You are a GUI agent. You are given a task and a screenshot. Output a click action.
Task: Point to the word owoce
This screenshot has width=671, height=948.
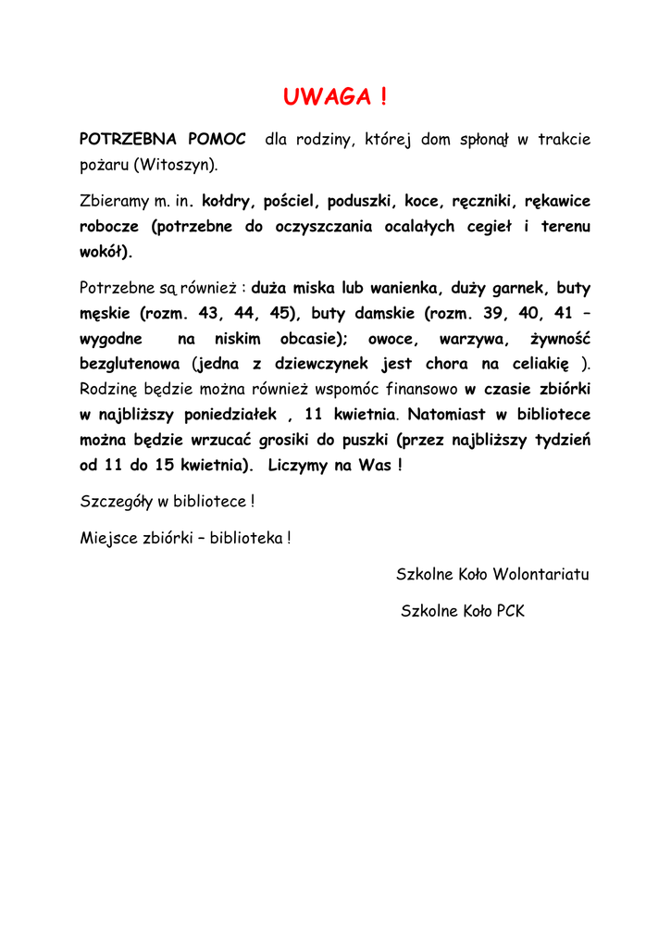click(x=393, y=339)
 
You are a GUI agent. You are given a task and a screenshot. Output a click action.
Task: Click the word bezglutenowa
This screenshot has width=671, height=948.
click(x=130, y=364)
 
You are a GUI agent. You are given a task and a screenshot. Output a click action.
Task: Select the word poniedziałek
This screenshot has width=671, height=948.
click(x=232, y=415)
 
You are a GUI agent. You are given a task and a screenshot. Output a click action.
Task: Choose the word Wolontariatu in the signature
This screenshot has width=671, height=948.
click(x=541, y=574)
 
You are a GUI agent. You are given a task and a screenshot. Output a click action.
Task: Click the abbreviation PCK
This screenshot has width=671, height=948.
click(x=510, y=611)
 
